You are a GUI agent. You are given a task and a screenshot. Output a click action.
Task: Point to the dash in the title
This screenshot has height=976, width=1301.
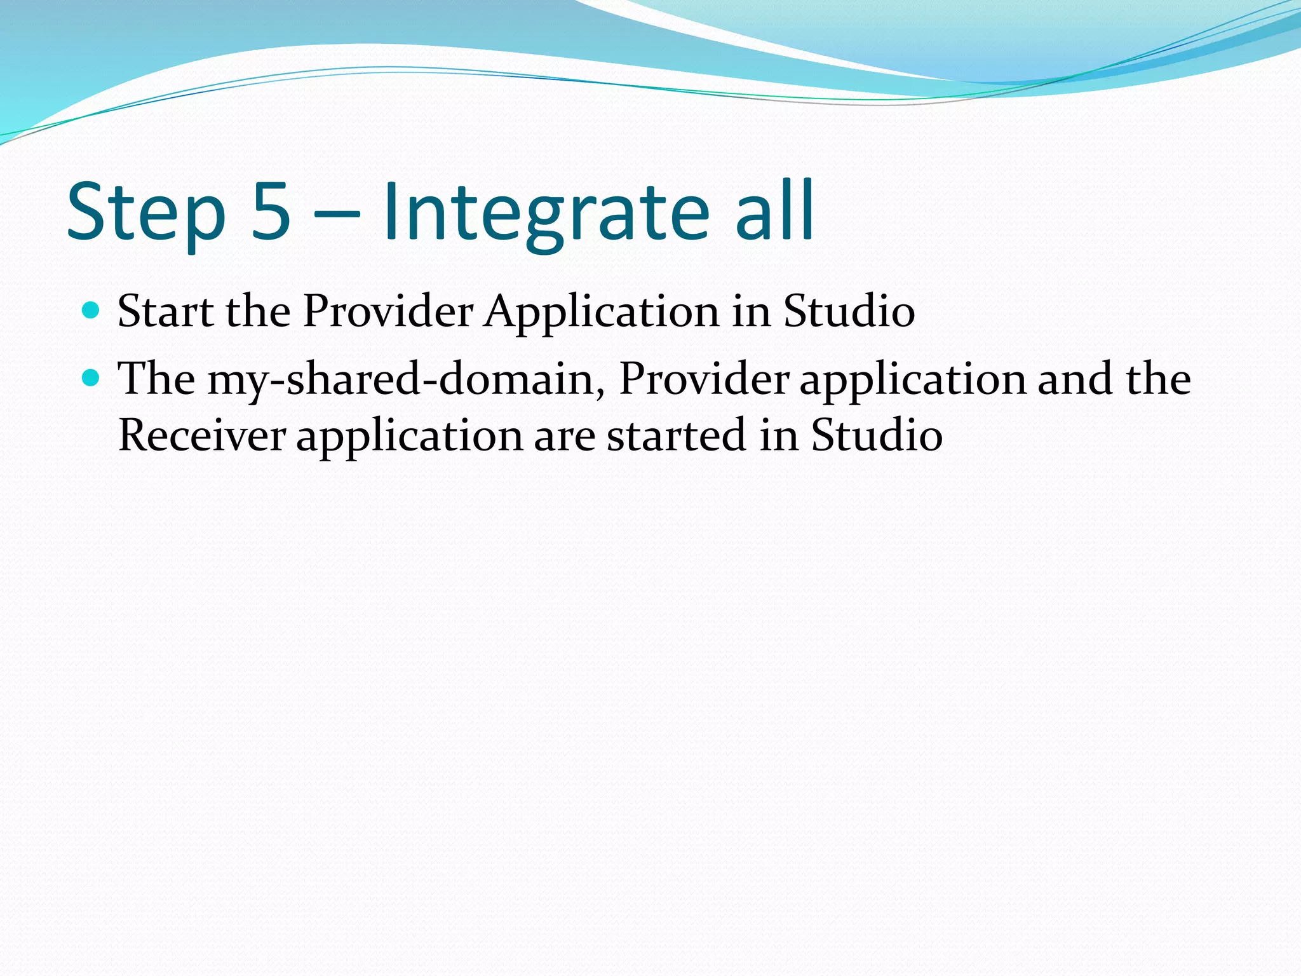coord(337,216)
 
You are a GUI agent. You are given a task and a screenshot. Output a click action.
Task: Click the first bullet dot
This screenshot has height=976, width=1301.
coord(91,310)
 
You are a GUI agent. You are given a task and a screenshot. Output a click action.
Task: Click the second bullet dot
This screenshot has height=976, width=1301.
coord(91,378)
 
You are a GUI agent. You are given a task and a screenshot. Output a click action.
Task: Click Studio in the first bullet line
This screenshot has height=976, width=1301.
coord(849,311)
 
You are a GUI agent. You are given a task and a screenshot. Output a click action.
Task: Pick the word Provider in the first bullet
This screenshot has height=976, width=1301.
coord(388,311)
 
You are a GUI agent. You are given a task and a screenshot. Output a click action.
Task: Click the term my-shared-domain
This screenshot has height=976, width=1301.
coord(406,379)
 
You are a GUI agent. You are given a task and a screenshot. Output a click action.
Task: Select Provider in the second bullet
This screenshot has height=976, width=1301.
coord(704,379)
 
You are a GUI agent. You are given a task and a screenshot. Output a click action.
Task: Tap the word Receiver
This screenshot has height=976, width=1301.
coord(202,436)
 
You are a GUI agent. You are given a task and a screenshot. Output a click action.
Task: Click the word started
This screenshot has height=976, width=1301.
coord(676,436)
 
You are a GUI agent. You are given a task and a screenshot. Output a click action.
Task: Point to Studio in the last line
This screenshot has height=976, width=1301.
coord(877,436)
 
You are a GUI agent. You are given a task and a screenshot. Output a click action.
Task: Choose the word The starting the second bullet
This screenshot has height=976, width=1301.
coord(156,379)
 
